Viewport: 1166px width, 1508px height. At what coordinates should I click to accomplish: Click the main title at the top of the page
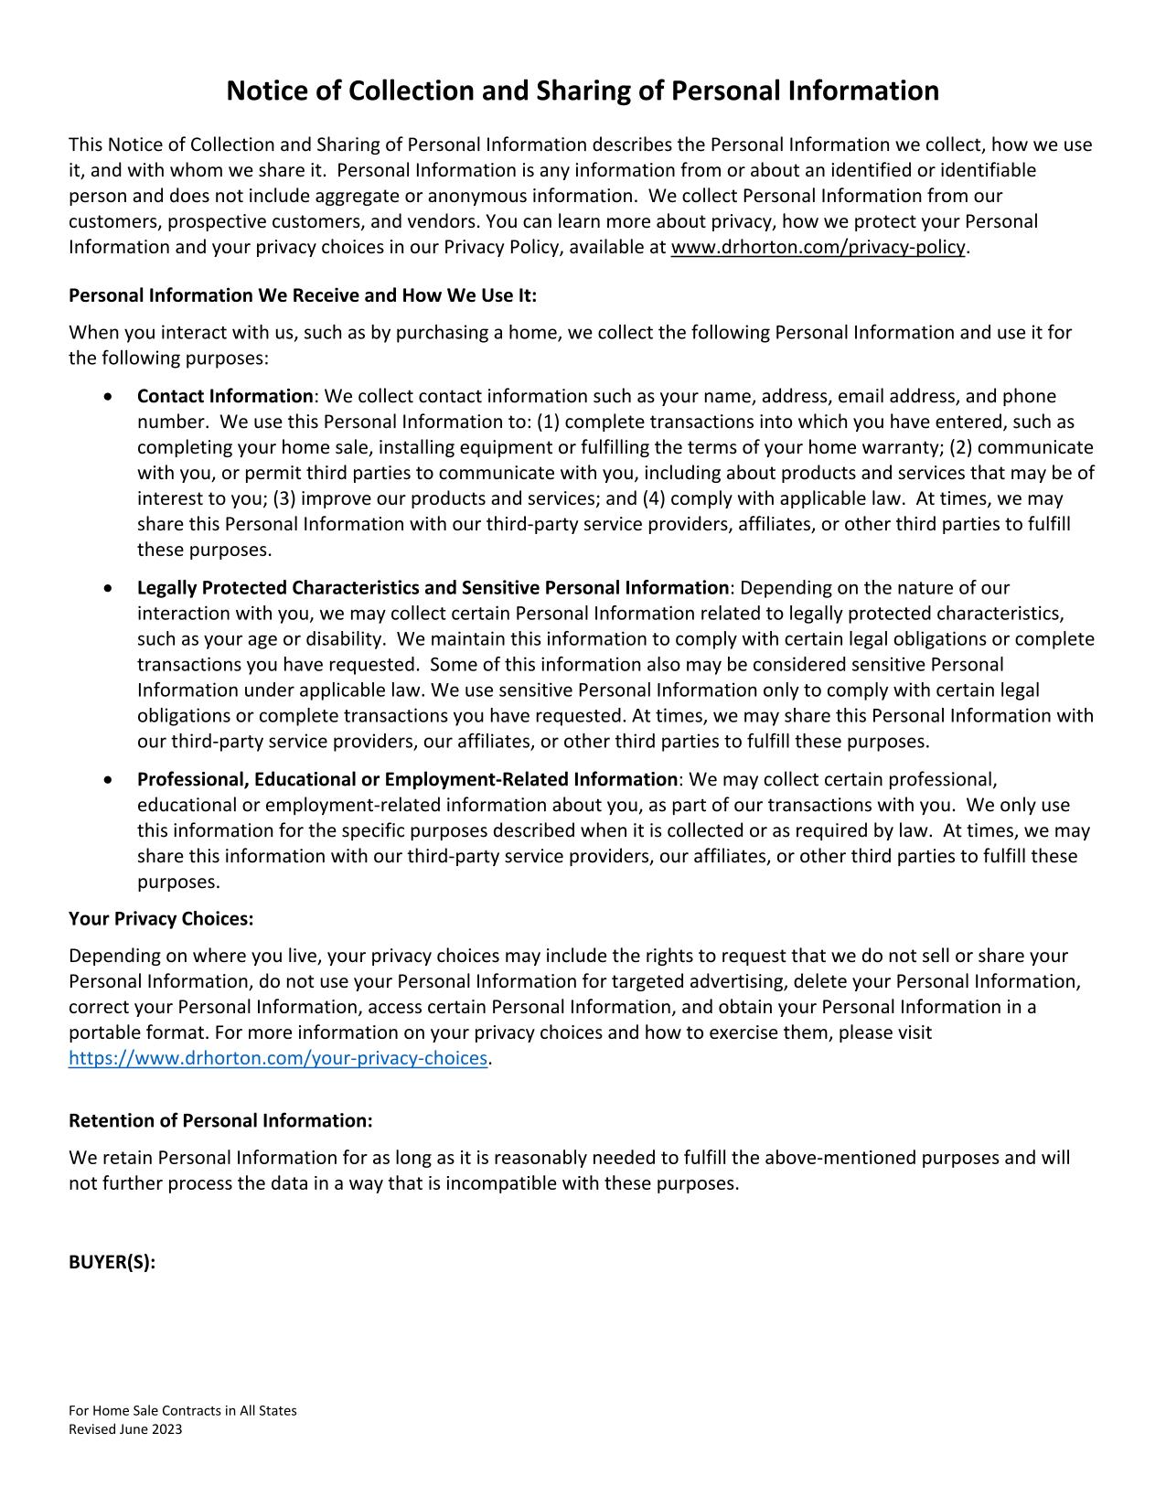[583, 91]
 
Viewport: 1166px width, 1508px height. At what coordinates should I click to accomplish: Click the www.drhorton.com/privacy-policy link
[818, 247]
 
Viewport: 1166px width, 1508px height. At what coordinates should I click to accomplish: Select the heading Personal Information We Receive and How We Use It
[303, 295]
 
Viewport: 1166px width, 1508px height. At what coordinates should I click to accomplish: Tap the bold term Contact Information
[225, 396]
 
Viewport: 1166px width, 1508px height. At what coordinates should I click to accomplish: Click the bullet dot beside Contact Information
[110, 397]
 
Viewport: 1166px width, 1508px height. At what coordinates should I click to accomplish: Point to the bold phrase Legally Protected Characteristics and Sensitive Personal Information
[433, 587]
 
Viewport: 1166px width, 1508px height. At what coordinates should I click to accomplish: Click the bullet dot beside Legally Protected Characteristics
[110, 588]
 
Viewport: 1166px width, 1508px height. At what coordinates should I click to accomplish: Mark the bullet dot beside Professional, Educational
[110, 780]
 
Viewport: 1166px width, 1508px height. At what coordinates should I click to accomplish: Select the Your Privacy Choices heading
[161, 918]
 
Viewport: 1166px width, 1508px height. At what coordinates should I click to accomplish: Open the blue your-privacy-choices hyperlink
[278, 1058]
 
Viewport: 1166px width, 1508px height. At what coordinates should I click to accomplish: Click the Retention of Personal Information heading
[220, 1121]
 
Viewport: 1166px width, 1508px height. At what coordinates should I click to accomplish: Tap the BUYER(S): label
[112, 1262]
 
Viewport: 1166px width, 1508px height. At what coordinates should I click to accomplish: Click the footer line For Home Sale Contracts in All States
[183, 1410]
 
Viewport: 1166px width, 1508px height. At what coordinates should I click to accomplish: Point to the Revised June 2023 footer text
[125, 1429]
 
